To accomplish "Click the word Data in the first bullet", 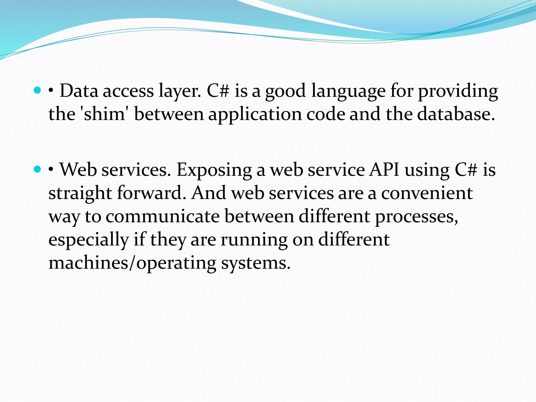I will click(x=79, y=91).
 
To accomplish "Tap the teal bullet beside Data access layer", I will click(x=38, y=91).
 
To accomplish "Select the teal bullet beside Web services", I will click(x=38, y=169).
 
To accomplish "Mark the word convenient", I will click(x=427, y=193).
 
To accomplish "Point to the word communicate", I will click(x=163, y=216).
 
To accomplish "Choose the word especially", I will click(x=88, y=240).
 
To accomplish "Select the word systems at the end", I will click(x=256, y=263).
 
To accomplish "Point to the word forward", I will click(x=152, y=193).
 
